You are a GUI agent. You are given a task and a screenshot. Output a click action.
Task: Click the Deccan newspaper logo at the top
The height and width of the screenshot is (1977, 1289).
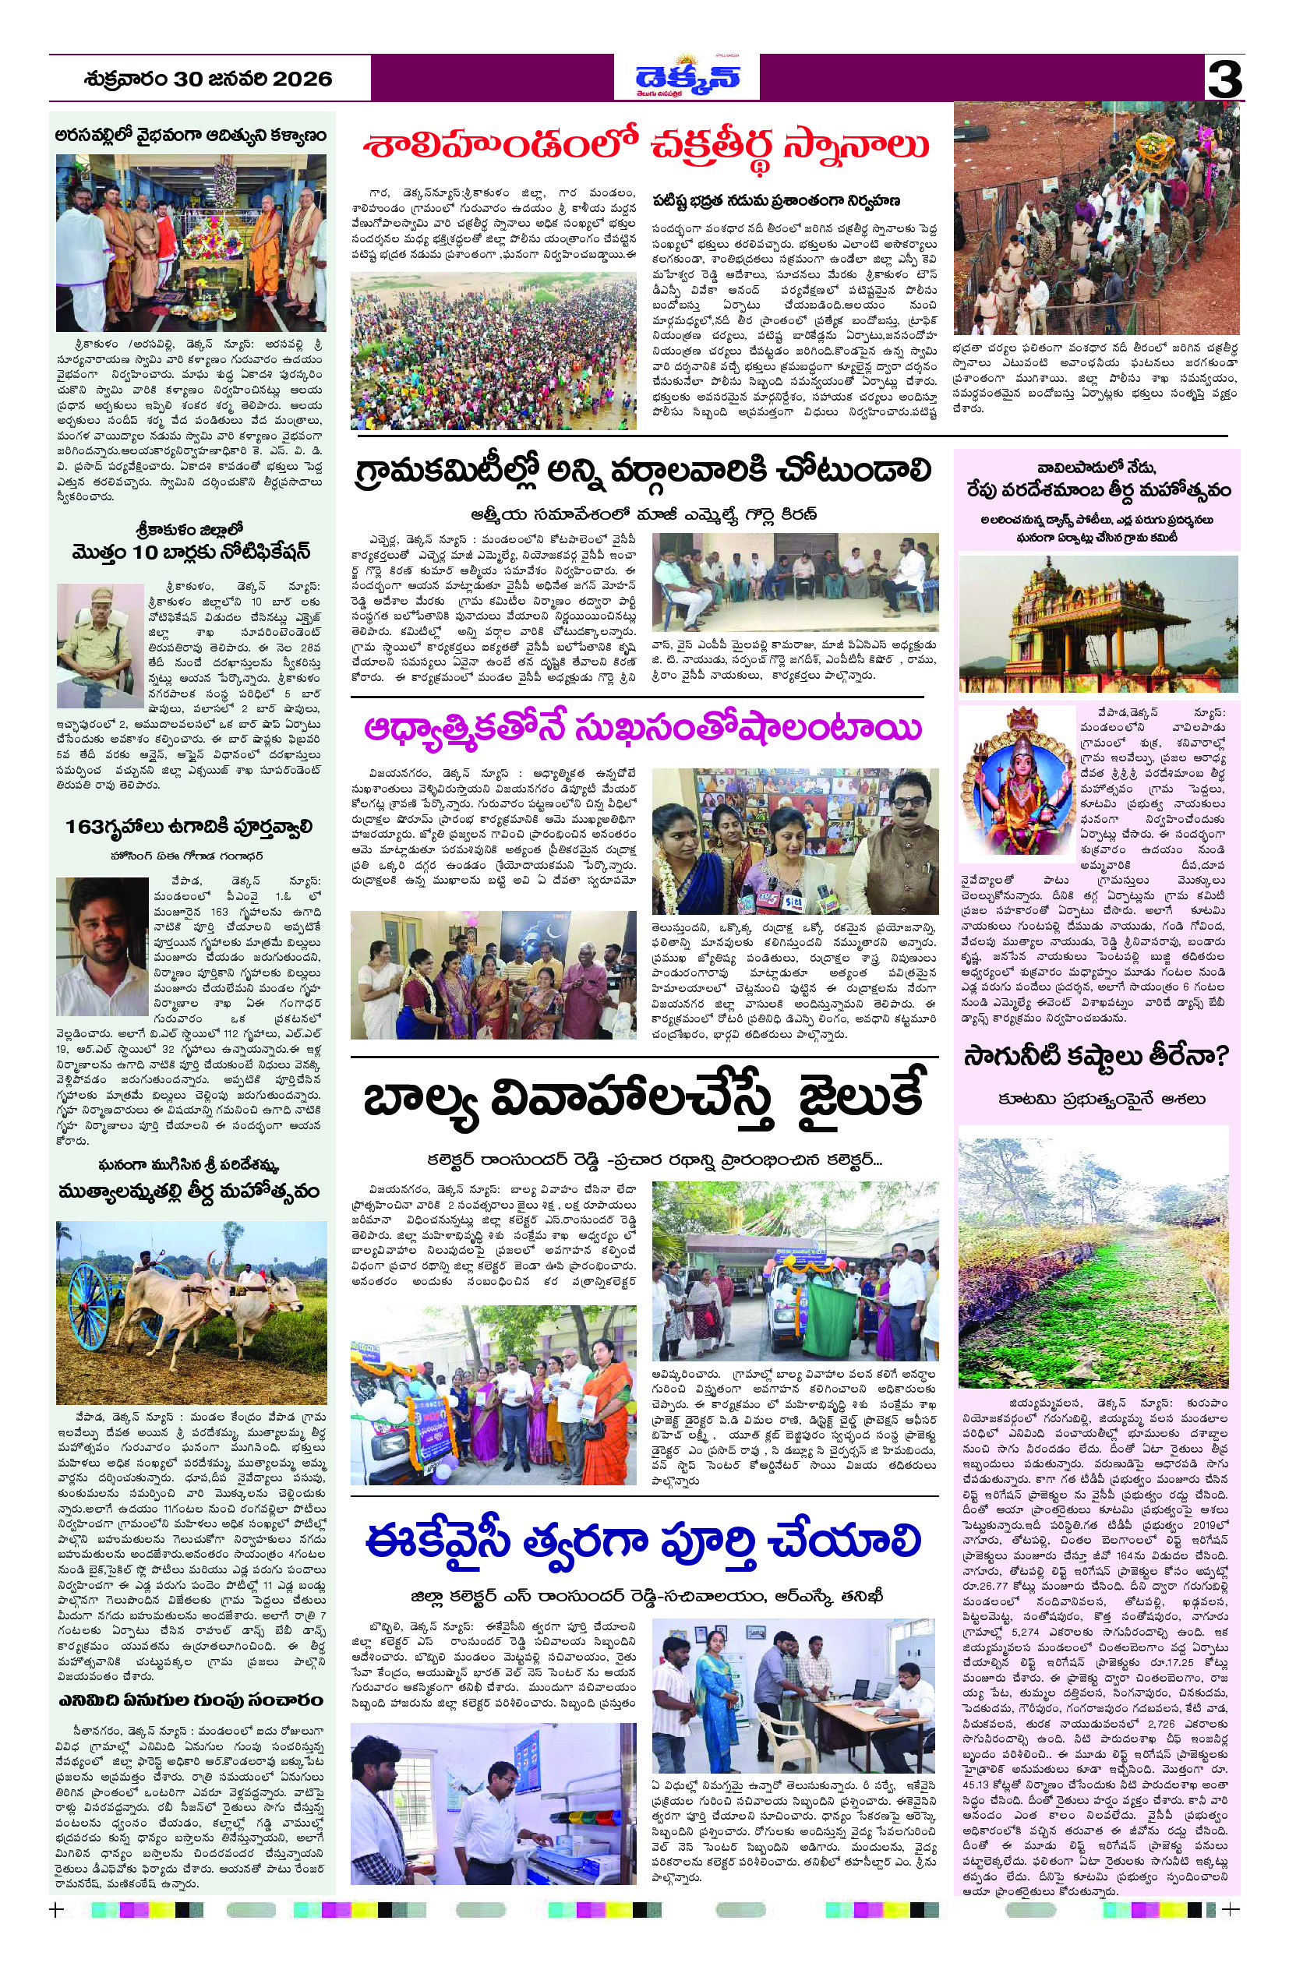point(687,77)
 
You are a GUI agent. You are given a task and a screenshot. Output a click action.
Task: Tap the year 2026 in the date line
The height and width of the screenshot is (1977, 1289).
point(302,79)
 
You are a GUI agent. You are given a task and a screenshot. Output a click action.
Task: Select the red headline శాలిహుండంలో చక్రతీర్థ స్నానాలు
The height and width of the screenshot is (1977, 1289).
point(645,147)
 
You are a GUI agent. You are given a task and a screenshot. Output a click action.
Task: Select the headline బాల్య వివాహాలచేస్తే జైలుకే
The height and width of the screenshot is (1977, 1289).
point(644,1099)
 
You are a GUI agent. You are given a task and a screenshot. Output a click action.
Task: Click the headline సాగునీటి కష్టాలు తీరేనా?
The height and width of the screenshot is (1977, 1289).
point(1096,1057)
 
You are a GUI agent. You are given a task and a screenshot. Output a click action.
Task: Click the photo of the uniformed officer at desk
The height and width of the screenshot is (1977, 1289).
point(100,634)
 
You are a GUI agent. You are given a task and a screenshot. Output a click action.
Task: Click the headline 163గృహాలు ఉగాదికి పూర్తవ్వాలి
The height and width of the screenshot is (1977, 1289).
point(190,827)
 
